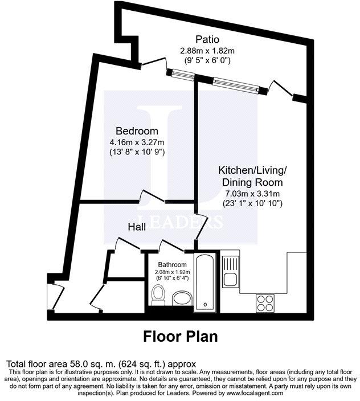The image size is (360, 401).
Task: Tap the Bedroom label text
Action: [135, 130]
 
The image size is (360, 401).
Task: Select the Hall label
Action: [137, 227]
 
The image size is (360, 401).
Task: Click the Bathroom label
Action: [173, 265]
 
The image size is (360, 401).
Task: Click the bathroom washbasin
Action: [182, 297]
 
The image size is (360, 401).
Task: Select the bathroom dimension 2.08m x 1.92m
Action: [173, 272]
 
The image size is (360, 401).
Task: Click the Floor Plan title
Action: [180, 336]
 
